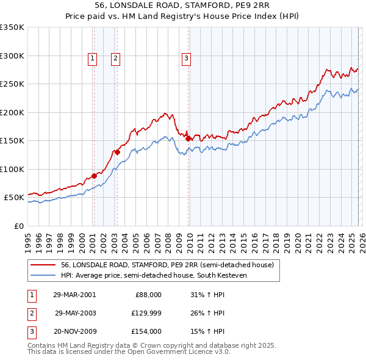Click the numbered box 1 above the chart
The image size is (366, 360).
92,59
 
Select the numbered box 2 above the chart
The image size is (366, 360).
115,59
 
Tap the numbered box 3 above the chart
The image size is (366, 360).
186,59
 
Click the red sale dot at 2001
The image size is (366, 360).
95,176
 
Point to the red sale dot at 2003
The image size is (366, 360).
117,152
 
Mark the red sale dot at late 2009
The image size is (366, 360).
188,139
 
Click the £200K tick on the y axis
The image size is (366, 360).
12,112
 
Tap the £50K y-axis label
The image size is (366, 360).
14,198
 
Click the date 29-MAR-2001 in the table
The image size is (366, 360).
74,294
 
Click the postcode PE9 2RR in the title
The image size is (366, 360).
250,5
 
